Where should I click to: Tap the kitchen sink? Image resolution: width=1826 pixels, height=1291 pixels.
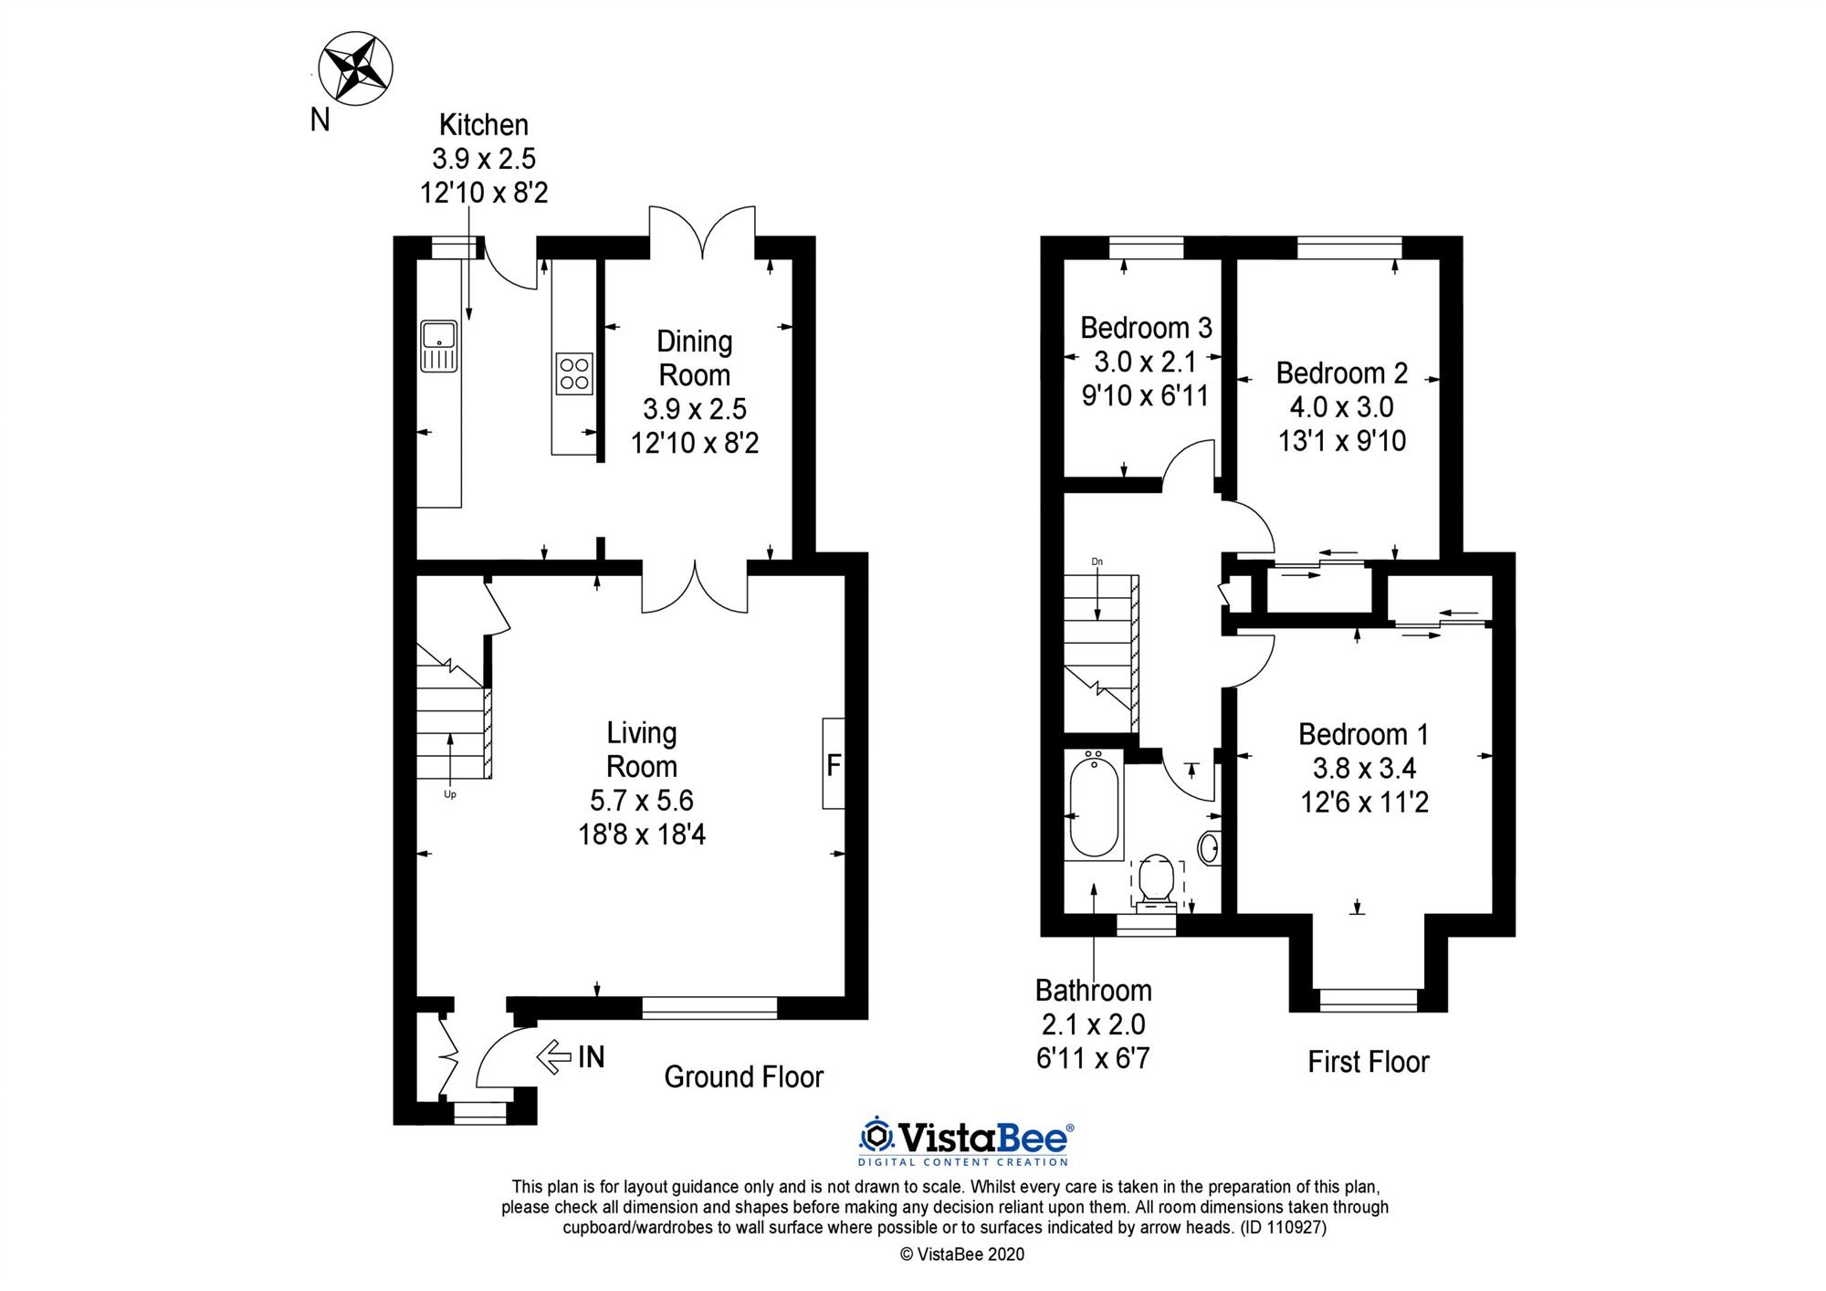(438, 346)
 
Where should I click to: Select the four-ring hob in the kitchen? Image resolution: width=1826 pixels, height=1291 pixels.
(574, 373)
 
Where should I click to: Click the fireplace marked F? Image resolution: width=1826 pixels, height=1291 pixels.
(833, 763)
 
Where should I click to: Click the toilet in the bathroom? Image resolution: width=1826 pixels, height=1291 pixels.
(1157, 881)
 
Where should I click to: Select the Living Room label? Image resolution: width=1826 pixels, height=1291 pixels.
(642, 750)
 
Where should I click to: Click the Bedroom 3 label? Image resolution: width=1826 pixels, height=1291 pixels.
(1146, 328)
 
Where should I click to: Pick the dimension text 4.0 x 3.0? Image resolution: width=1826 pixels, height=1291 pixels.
(1341, 407)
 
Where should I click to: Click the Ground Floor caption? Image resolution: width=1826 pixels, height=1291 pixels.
(743, 1077)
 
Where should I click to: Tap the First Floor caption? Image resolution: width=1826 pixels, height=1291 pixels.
(1368, 1062)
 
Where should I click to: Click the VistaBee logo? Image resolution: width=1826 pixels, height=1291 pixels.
(965, 1140)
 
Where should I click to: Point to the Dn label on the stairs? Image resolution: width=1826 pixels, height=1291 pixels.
(1097, 562)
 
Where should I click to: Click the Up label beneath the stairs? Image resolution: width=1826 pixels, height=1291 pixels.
(449, 794)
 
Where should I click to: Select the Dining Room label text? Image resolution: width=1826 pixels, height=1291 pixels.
(695, 358)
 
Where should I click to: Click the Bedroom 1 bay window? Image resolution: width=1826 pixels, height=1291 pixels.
(1368, 1000)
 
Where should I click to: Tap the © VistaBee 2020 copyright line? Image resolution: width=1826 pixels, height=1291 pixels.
(962, 1254)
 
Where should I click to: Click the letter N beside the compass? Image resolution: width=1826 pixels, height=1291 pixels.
(320, 120)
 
